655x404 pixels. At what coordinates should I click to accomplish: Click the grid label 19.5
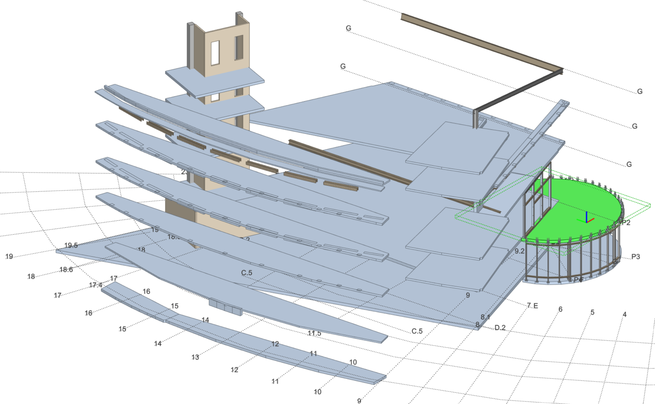(71, 245)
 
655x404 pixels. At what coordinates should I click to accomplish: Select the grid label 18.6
(66, 270)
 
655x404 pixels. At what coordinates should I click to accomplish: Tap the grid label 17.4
(96, 285)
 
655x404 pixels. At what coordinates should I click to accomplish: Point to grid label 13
(195, 357)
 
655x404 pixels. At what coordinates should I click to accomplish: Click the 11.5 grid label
(314, 333)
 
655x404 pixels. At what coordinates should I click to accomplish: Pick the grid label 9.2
(519, 251)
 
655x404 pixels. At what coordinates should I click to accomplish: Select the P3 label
(635, 257)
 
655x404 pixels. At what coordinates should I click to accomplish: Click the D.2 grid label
(500, 328)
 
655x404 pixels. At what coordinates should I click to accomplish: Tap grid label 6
(560, 309)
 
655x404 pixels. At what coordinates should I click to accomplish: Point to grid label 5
(592, 313)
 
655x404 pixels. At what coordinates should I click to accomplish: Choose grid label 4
(625, 315)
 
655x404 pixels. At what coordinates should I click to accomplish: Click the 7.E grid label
(532, 306)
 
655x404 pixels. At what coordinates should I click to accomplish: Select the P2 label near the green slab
(625, 223)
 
